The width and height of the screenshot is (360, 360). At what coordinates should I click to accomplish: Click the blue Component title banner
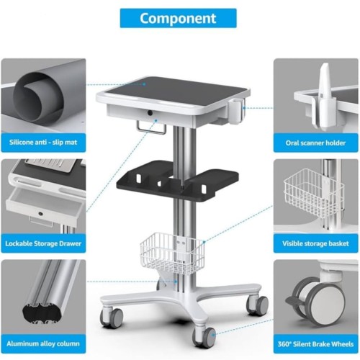point(178,18)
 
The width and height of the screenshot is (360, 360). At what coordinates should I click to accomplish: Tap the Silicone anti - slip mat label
point(43,143)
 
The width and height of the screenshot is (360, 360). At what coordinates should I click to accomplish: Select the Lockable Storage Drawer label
point(43,243)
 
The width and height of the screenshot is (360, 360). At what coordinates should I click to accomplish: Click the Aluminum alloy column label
point(43,343)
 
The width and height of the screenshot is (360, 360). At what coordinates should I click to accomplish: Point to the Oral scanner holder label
point(315,143)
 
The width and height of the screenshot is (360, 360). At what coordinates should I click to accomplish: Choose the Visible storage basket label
point(315,243)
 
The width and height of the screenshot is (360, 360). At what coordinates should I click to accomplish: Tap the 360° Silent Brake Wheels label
point(315,344)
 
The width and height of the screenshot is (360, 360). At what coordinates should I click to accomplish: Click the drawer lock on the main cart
point(150,112)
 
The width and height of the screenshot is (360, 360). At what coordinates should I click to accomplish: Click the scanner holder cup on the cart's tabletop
point(235,111)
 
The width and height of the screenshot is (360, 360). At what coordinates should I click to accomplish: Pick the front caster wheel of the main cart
point(204,336)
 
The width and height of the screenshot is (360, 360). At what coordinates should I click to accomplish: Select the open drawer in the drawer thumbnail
point(45,205)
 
